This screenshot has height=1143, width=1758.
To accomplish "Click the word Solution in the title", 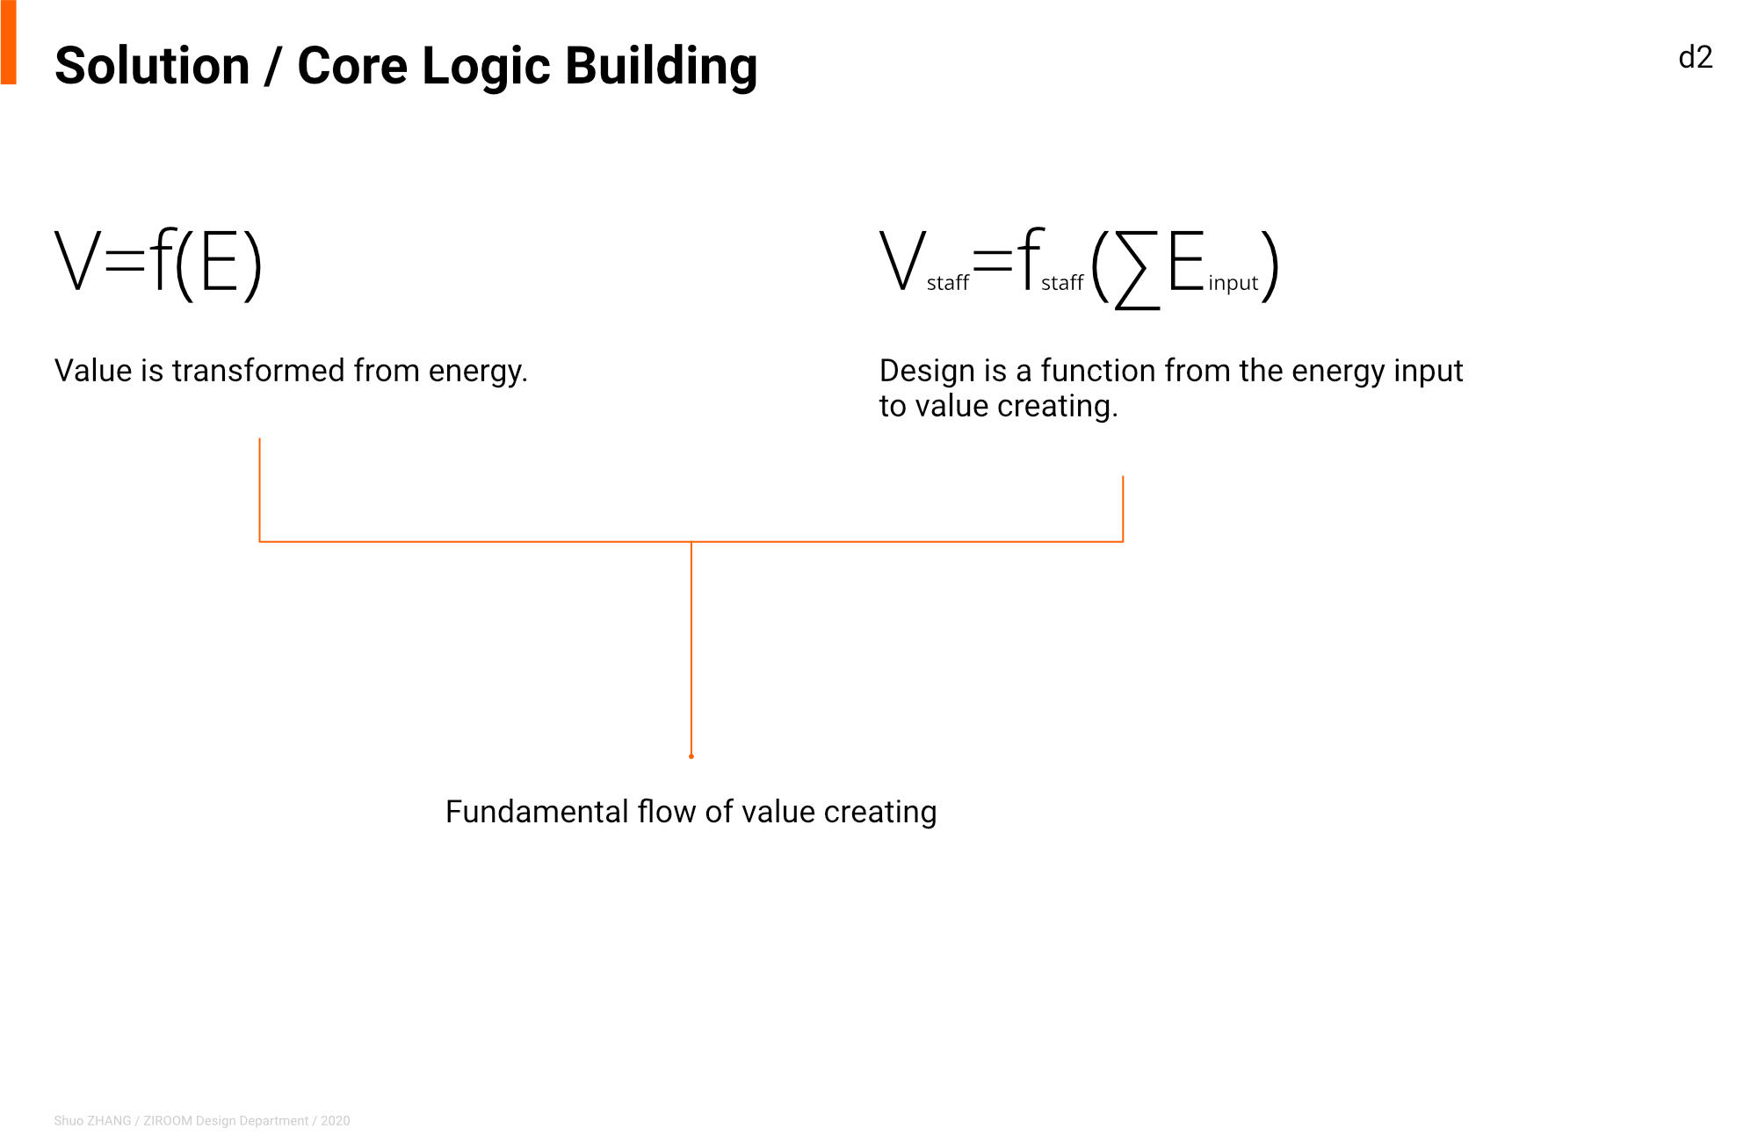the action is click(153, 66).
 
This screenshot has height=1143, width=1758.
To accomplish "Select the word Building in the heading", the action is click(661, 67).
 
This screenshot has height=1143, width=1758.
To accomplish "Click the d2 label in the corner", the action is click(1696, 58).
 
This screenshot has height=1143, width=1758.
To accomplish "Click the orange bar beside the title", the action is click(9, 42).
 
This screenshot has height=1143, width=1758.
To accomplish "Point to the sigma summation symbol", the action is click(1137, 269).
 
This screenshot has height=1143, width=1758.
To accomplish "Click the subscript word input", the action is click(1233, 283).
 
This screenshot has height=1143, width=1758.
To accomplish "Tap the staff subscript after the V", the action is click(948, 282).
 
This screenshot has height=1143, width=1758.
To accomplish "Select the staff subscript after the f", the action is click(1062, 282).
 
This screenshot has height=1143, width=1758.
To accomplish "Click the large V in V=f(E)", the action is click(79, 260).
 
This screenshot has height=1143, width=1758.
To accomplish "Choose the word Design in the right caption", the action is click(928, 372).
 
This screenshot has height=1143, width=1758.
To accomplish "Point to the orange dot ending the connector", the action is click(691, 756).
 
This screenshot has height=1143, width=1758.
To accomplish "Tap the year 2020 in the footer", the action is click(336, 1121).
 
